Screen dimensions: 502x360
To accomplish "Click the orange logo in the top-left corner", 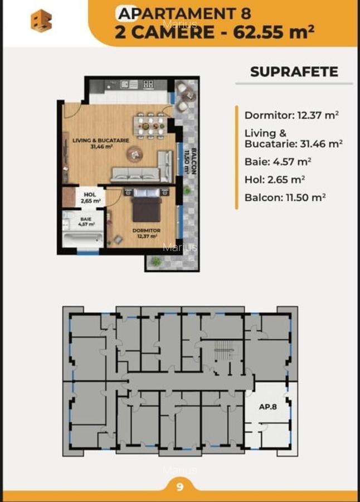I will click(x=41, y=21).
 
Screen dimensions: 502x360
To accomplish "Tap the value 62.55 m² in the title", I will click(x=273, y=31).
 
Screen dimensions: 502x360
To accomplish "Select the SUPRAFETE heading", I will click(x=294, y=72).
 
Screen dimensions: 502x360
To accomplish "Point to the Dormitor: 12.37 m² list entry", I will click(x=291, y=115).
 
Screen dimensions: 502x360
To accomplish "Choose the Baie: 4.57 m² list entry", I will click(x=278, y=162).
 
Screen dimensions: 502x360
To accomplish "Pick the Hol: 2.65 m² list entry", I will click(x=275, y=180).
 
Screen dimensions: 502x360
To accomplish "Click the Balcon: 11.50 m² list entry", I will click(x=285, y=197).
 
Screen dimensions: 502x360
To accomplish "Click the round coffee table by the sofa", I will click(x=134, y=153).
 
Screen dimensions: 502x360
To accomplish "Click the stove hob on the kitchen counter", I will click(x=148, y=85).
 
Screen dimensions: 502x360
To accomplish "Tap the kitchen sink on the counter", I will click(x=126, y=85).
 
